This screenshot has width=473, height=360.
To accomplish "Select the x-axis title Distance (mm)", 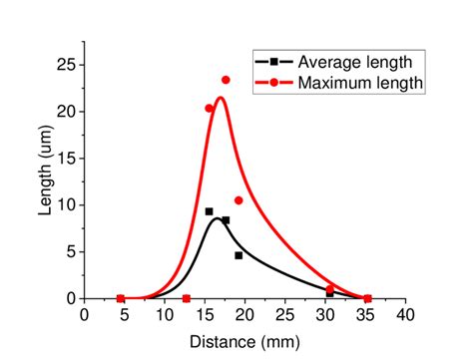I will (243, 341).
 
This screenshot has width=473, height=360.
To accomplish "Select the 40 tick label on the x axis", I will (405, 315).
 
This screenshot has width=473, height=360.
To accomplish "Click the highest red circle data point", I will (226, 80).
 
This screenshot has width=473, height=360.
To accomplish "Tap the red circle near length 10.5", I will (238, 200).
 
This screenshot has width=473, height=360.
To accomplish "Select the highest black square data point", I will (209, 211).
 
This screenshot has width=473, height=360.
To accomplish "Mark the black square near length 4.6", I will (238, 255).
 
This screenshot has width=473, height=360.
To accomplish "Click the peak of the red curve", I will (220, 98).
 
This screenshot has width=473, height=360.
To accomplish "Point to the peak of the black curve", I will (217, 218).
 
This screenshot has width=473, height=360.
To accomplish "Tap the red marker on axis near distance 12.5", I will (187, 298).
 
